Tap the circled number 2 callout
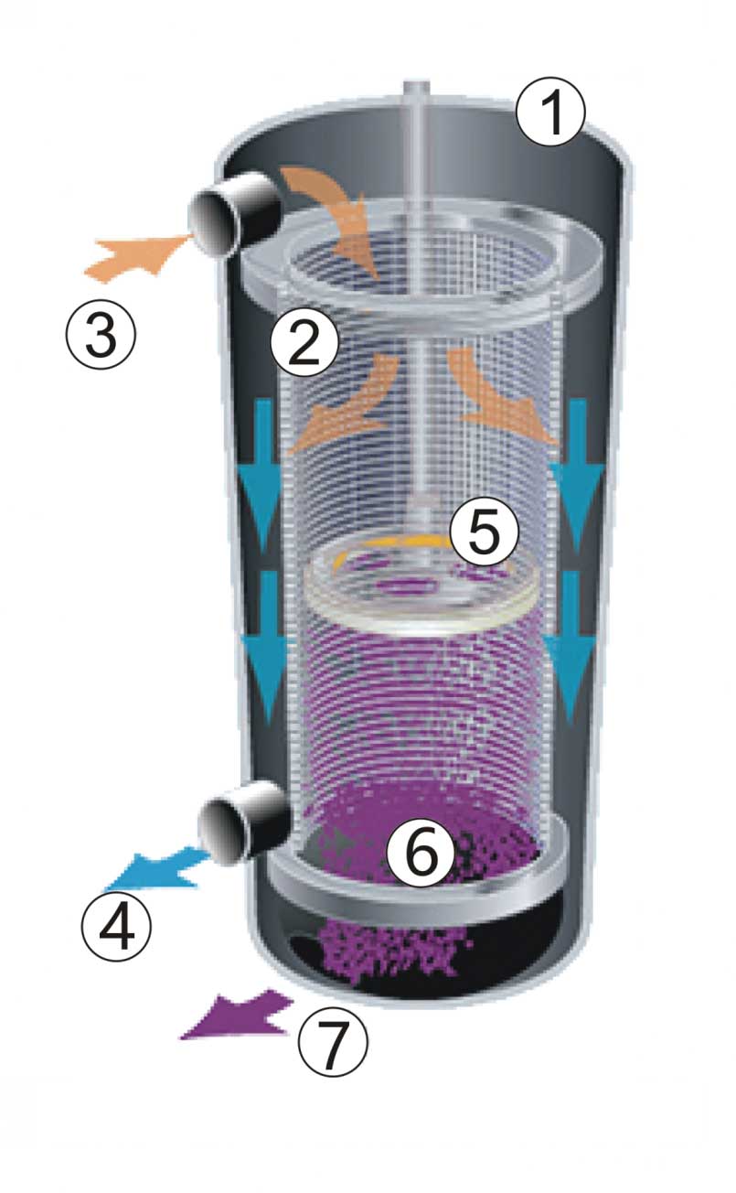coord(304,343)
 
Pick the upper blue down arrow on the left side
coord(261,476)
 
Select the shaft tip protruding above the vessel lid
coord(416,89)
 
